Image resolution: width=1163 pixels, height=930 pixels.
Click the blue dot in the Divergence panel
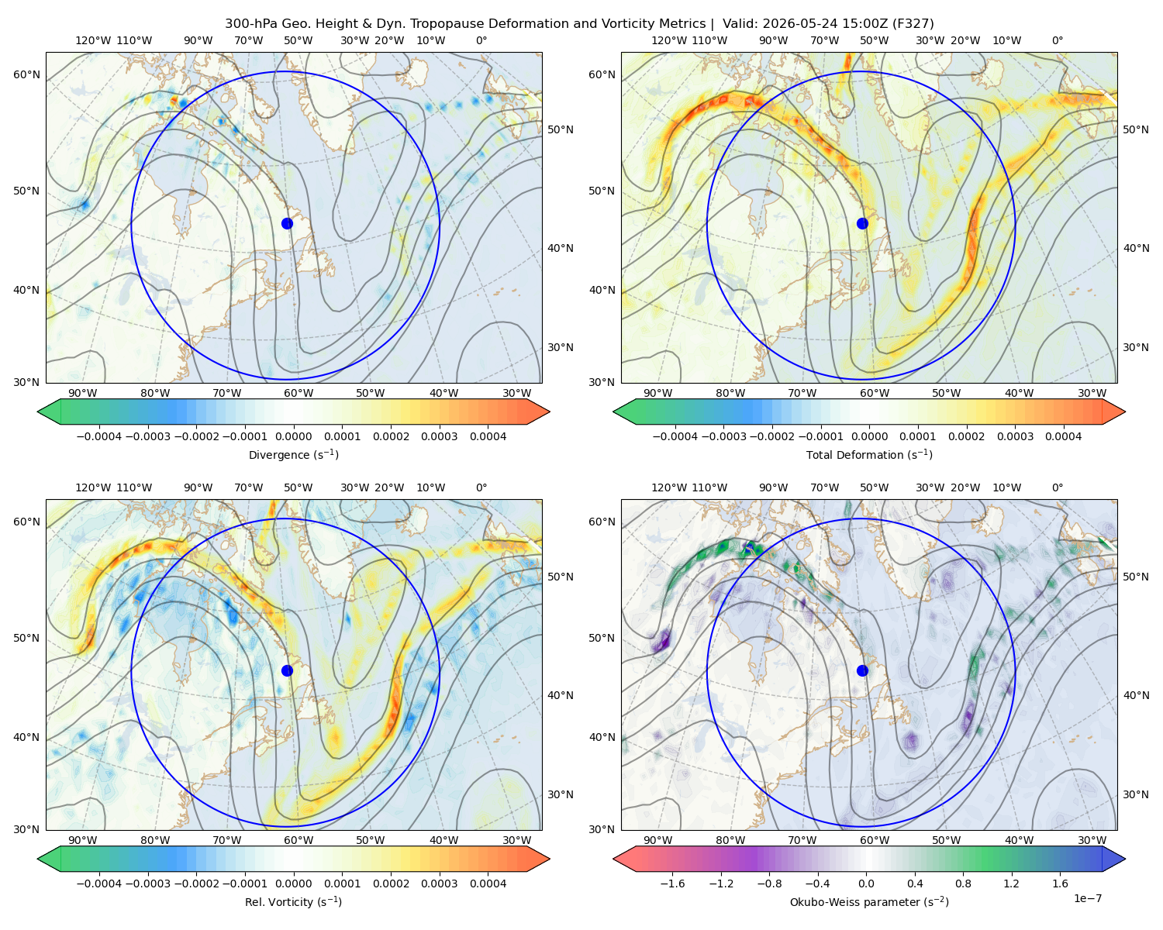click(287, 223)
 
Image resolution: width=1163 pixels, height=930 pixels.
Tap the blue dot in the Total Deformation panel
click(862, 223)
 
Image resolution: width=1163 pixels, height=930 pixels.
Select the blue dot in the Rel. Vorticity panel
click(287, 670)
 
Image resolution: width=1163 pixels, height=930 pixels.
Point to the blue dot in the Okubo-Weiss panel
click(862, 670)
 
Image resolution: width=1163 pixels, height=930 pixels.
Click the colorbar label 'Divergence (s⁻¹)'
click(293, 454)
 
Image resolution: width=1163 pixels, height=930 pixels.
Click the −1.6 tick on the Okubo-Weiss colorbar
click(672, 883)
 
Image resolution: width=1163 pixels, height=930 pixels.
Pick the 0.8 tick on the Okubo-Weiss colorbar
click(963, 883)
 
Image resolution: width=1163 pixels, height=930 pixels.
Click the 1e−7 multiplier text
click(1087, 898)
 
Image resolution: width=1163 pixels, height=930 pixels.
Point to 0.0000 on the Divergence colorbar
click(293, 436)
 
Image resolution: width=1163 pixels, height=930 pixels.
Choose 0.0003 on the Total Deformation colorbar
click(1015, 436)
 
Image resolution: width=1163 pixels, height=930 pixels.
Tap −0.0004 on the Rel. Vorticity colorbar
click(99, 883)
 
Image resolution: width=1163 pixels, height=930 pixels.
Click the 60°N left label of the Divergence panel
click(26, 74)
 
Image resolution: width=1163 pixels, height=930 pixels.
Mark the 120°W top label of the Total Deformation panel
click(668, 40)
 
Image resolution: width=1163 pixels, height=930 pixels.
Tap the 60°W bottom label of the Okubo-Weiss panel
click(875, 840)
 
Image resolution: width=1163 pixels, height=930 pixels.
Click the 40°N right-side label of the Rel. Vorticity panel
click(561, 695)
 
